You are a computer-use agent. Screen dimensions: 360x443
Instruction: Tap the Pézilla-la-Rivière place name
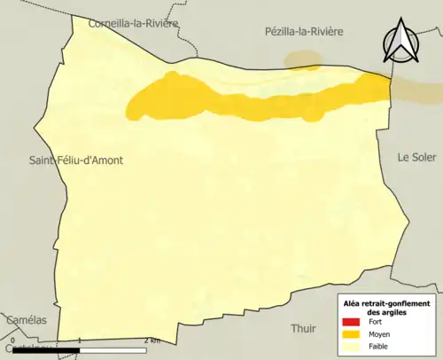point(303,31)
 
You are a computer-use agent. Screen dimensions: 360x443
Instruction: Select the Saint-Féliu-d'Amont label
point(76,160)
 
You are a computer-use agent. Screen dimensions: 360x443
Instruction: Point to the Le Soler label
point(416,156)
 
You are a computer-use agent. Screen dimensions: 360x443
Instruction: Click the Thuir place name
point(303,328)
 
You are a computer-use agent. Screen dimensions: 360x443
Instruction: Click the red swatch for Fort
point(352,321)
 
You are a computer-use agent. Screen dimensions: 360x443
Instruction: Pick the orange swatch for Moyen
point(352,334)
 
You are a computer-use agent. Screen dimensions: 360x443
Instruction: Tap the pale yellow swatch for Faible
point(352,347)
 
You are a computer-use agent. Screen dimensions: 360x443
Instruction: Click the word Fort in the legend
point(376,321)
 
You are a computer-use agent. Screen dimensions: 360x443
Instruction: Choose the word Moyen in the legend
point(379,334)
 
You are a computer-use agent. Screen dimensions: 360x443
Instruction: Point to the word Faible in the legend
point(378,347)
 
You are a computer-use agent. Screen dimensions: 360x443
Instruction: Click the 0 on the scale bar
point(13,340)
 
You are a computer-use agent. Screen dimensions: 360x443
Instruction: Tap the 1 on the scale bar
point(80,340)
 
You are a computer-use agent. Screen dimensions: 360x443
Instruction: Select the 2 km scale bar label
point(152,340)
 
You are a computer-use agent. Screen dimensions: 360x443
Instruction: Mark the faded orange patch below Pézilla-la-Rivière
point(303,59)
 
